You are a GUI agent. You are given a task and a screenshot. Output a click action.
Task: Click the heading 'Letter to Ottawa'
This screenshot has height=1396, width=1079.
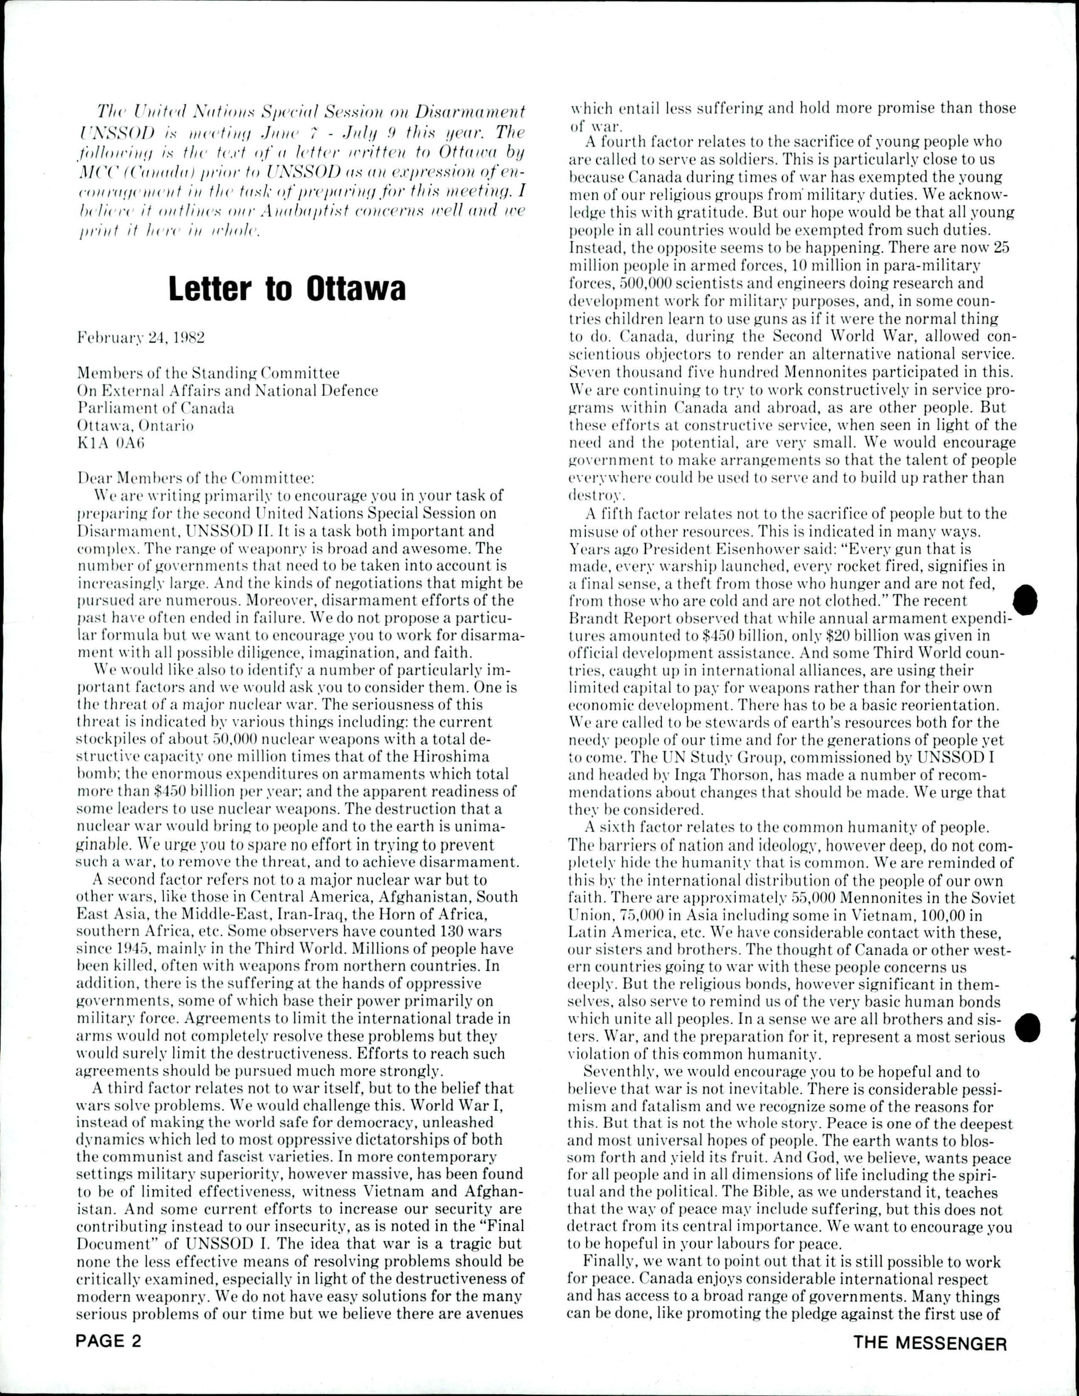click(287, 289)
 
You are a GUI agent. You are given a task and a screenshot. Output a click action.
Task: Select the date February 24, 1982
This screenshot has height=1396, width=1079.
click(140, 338)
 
